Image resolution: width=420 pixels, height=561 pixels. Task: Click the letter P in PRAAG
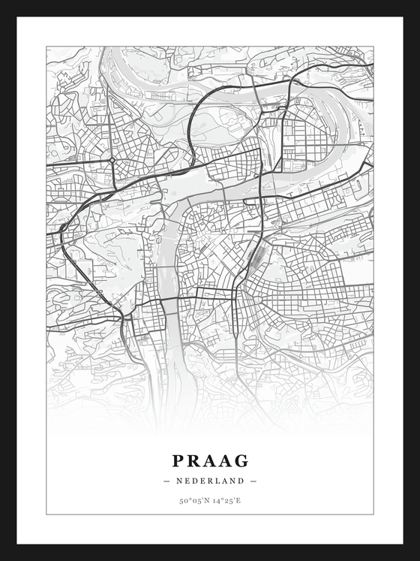178,460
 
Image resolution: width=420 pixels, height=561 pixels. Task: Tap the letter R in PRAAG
194,460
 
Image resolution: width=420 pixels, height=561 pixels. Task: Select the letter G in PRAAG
241,460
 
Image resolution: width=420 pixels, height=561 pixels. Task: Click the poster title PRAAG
210,460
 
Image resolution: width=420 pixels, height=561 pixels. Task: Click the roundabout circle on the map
112,160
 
